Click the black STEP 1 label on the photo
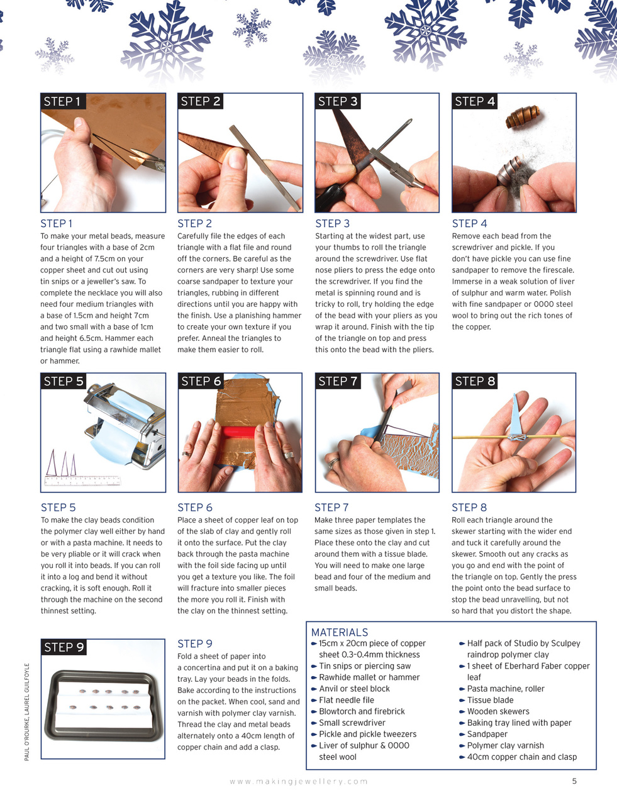pos(62,102)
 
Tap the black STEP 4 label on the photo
pos(475,102)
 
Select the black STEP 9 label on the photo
pos(64,648)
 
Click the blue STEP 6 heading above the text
pos(195,508)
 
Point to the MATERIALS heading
pos(340,632)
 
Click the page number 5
pos(574,781)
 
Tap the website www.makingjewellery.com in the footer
pos(299,781)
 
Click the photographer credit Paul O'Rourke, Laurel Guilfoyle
pos(27,711)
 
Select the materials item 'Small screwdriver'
pos(352,723)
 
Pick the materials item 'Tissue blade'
pos(490,700)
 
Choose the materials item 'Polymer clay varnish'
pos(505,745)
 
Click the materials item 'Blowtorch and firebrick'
pos(362,711)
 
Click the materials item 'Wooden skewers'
pos(498,711)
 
